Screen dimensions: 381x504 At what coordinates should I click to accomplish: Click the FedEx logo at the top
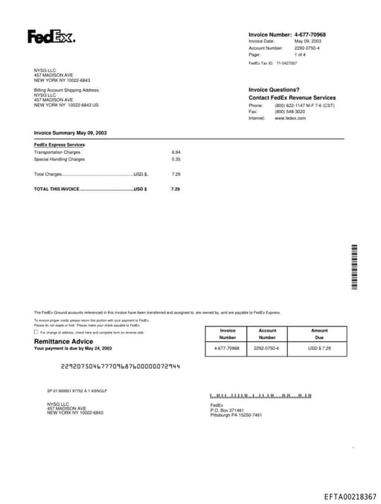pyautogui.click(x=51, y=36)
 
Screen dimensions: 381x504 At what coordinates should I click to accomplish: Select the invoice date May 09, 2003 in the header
pyautogui.click(x=308, y=41)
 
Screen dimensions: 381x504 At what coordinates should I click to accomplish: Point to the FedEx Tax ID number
pyautogui.click(x=286, y=63)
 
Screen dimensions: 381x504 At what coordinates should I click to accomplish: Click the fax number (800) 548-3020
pyautogui.click(x=289, y=112)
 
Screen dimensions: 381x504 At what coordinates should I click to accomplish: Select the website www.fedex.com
pyautogui.click(x=290, y=118)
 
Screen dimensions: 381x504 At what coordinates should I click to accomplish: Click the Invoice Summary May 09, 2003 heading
pyautogui.click(x=70, y=132)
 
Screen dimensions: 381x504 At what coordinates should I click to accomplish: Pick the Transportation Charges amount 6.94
pyautogui.click(x=176, y=152)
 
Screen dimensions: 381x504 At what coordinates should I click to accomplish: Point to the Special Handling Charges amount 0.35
pyautogui.click(x=176, y=159)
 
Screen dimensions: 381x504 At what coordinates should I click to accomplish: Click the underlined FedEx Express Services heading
pyautogui.click(x=60, y=145)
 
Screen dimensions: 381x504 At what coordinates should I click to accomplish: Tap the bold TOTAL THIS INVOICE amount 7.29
pyautogui.click(x=176, y=190)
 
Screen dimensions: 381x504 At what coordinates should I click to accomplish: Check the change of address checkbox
pyautogui.click(x=36, y=332)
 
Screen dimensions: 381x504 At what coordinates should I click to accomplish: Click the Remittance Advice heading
pyautogui.click(x=63, y=340)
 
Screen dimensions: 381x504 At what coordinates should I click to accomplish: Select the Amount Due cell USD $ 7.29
pyautogui.click(x=319, y=348)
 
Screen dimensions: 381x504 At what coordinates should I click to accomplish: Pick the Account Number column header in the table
pyautogui.click(x=267, y=334)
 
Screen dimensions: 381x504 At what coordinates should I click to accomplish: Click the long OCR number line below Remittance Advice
pyautogui.click(x=120, y=366)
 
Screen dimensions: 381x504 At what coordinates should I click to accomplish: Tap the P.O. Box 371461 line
pyautogui.click(x=227, y=410)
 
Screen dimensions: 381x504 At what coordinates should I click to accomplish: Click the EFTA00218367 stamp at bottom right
pyautogui.click(x=350, y=496)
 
